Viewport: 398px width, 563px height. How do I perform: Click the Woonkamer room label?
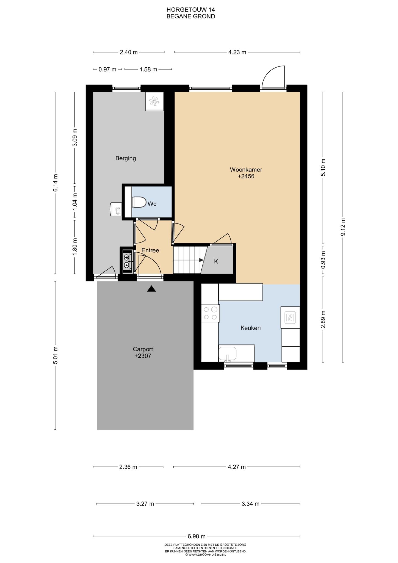(246, 170)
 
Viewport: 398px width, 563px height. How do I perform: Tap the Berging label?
(126, 158)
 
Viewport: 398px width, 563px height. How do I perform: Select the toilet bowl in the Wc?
(139, 202)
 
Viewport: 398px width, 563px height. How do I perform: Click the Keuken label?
(250, 328)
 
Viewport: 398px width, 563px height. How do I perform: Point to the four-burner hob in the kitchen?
(211, 313)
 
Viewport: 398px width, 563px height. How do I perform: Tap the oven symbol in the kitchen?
(290, 318)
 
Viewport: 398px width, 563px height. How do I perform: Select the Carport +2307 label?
(143, 352)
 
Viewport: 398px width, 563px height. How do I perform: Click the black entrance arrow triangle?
(151, 289)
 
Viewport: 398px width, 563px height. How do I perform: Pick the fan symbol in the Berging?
(154, 101)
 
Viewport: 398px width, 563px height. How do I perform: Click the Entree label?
(150, 250)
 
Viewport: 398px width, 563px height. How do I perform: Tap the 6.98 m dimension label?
(197, 536)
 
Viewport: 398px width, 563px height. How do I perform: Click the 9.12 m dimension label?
(343, 227)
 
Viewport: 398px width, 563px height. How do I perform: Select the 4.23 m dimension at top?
(237, 52)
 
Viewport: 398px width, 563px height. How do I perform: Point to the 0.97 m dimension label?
(107, 69)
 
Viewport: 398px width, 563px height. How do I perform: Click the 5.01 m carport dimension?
(55, 355)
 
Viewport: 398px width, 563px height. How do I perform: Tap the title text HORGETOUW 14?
(191, 10)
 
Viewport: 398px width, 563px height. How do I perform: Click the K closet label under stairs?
(216, 261)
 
